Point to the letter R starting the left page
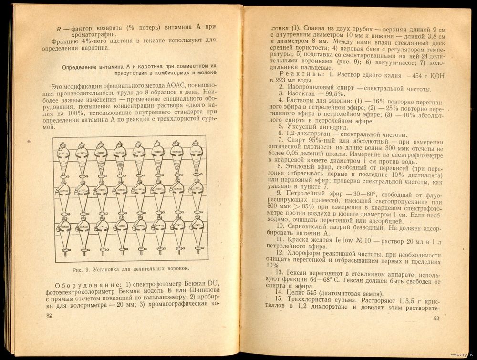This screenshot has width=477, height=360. point(58,28)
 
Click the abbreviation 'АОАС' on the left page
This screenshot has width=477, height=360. point(164,86)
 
